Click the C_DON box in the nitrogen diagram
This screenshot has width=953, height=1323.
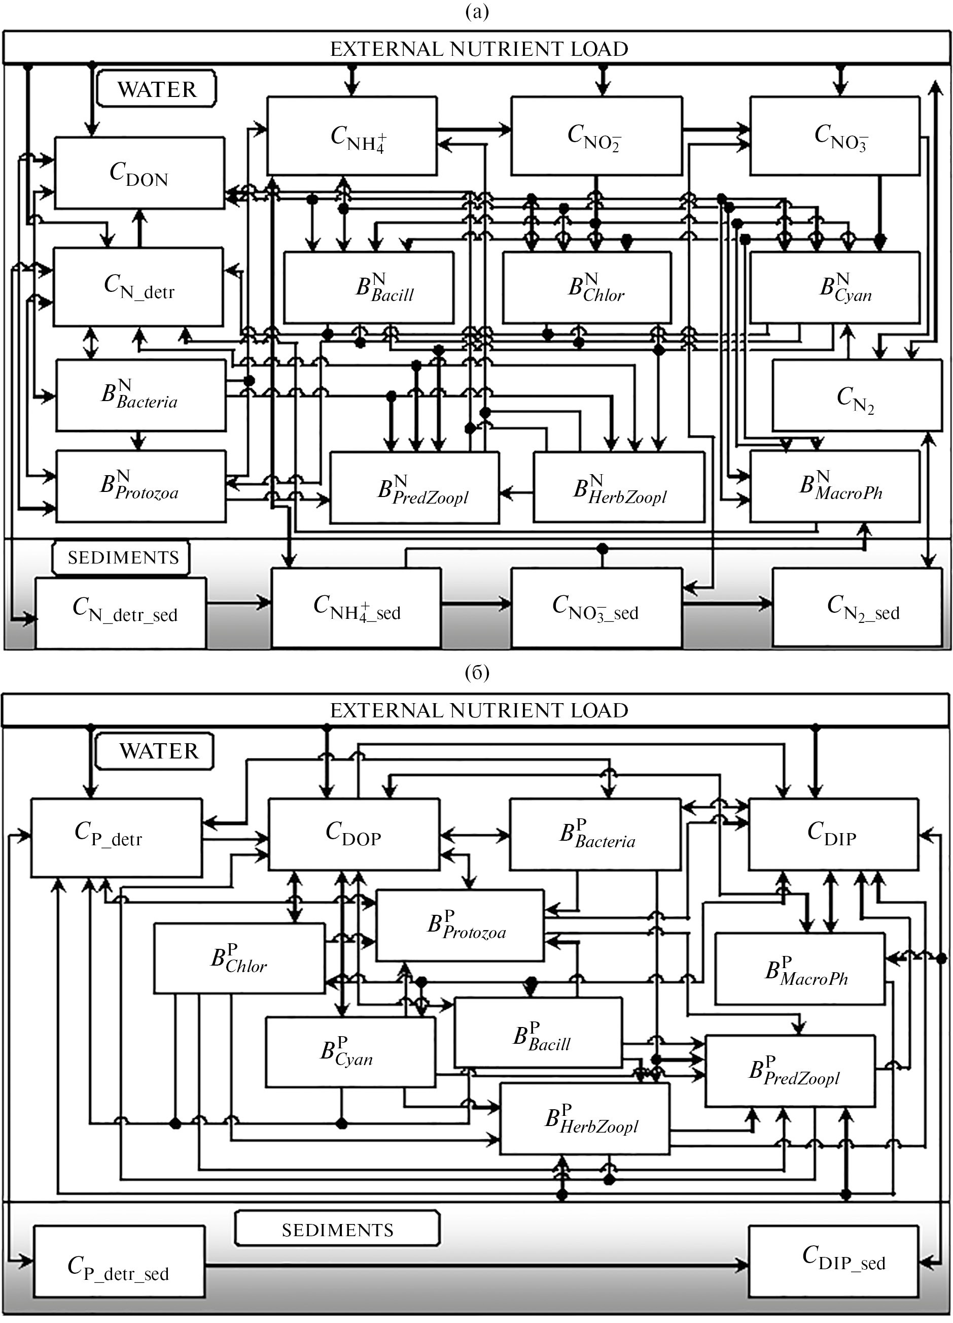[139, 173]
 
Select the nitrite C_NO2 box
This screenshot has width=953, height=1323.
[596, 136]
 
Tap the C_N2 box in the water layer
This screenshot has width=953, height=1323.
[856, 396]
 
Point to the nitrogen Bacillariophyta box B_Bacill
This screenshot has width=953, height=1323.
[368, 287]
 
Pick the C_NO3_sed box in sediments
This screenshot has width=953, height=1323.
[596, 608]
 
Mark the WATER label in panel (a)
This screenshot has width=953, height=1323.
[157, 89]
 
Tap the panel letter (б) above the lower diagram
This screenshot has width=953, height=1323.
[477, 673]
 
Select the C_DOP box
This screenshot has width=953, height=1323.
[353, 834]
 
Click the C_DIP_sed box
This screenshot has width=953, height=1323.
[833, 1260]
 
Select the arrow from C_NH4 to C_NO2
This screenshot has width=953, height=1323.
[474, 129]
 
